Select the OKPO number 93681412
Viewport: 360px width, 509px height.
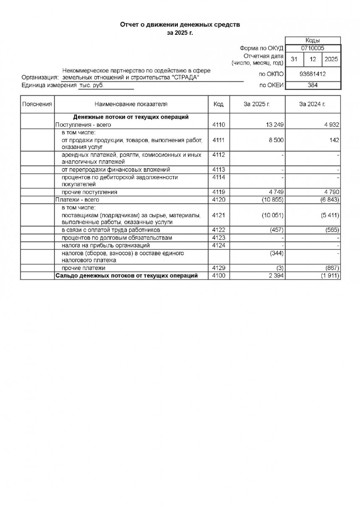pyautogui.click(x=312, y=74)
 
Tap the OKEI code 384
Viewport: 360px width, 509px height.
pyautogui.click(x=312, y=85)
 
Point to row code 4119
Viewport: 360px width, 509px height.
pyautogui.click(x=219, y=192)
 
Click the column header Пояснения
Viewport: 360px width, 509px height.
pyautogui.click(x=37, y=104)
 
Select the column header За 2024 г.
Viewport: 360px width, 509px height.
pyautogui.click(x=312, y=104)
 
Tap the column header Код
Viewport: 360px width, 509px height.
pyautogui.click(x=219, y=104)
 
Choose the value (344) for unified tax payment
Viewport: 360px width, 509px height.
pyautogui.click(x=276, y=253)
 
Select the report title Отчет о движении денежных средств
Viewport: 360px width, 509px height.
pyautogui.click(x=180, y=25)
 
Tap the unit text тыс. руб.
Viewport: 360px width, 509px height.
pyautogui.click(x=91, y=85)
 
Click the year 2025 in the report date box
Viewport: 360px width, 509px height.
pyautogui.click(x=331, y=59)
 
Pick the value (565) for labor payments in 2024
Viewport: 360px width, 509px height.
pyautogui.click(x=331, y=230)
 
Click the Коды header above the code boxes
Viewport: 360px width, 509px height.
pyautogui.click(x=312, y=40)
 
